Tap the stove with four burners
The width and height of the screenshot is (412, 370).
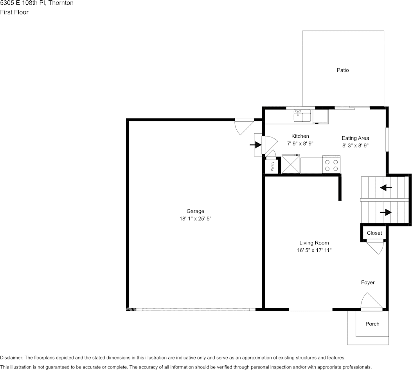click(331, 164)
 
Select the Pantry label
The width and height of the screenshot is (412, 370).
click(273, 167)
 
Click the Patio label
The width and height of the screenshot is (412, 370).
click(343, 70)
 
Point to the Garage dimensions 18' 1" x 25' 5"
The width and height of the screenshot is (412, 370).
click(195, 219)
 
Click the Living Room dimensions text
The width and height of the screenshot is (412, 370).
click(314, 250)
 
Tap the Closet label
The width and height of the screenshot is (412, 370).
click(374, 233)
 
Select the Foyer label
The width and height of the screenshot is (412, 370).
click(368, 282)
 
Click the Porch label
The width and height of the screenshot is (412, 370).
click(372, 324)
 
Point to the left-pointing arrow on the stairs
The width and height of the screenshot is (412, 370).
click(386, 188)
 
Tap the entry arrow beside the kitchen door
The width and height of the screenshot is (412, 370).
click(255, 145)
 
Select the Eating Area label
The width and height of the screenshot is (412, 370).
click(355, 138)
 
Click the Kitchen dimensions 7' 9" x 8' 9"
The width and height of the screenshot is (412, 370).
click(300, 144)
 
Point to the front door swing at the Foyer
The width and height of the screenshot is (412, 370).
click(370, 302)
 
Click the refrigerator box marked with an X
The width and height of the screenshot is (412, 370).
click(291, 164)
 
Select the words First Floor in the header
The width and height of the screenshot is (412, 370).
click(14, 12)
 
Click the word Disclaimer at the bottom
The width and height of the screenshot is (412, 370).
click(11, 358)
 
